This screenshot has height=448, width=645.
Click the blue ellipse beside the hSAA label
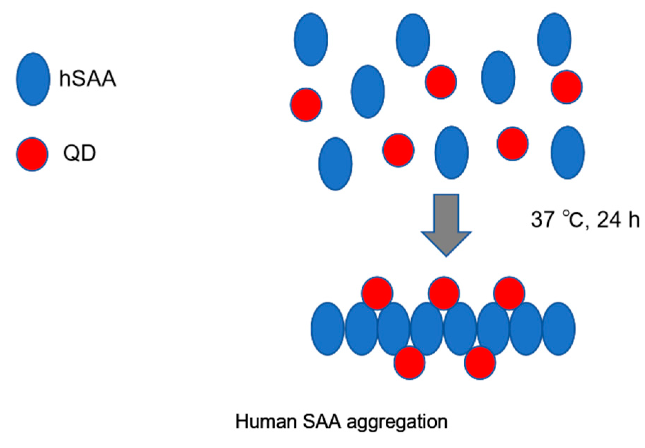(x=33, y=79)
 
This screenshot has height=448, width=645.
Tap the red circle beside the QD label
(x=32, y=154)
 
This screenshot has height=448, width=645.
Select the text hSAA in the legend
(x=87, y=78)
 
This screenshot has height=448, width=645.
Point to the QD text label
(x=79, y=153)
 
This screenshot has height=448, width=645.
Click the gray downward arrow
(x=446, y=223)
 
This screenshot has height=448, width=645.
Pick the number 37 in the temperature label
(x=542, y=219)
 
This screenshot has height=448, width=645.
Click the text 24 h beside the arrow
(x=618, y=220)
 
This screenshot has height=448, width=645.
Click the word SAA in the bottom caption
(x=322, y=422)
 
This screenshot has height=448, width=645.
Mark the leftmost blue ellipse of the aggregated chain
(x=327, y=329)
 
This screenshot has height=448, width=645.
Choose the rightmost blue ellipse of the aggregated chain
(x=559, y=329)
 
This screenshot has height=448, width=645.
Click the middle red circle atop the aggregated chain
(x=444, y=293)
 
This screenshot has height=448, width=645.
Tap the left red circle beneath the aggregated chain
(x=409, y=363)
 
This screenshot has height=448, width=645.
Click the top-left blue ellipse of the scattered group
(x=311, y=39)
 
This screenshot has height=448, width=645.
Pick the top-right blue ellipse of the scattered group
(x=554, y=39)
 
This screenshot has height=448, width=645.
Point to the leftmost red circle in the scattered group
(x=306, y=105)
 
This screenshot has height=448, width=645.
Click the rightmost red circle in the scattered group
(x=566, y=87)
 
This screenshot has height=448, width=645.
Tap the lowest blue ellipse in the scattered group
(x=335, y=164)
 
